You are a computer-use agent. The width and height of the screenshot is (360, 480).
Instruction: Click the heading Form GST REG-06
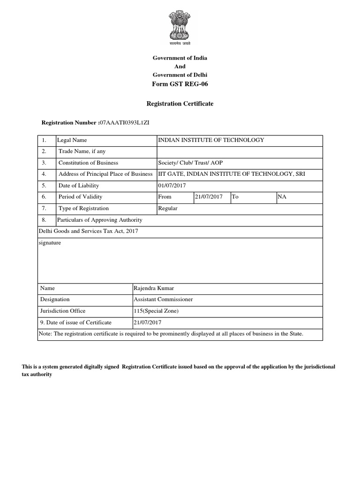180,84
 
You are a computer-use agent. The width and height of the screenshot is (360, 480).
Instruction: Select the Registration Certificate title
180,104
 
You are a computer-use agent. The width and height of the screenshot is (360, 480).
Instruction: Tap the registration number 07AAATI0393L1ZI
125,123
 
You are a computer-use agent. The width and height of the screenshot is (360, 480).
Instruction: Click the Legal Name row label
72,140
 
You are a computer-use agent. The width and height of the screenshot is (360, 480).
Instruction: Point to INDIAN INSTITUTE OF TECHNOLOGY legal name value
211,140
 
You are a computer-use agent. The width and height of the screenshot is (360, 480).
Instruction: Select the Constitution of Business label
88,163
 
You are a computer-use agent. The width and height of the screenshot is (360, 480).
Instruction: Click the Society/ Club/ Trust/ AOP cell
191,163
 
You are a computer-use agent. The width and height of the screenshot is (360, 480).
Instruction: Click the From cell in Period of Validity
165,197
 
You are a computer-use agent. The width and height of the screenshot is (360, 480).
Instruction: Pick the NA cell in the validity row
282,197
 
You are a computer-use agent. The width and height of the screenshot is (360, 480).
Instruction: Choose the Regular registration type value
168,208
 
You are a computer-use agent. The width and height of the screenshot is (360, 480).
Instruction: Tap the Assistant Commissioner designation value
163,299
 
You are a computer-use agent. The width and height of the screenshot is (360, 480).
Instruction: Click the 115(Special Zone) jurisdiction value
156,311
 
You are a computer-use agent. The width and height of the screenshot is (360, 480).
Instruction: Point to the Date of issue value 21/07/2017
148,322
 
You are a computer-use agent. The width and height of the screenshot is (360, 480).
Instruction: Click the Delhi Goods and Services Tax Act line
89,231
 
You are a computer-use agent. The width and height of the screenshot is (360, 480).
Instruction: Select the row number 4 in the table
44,174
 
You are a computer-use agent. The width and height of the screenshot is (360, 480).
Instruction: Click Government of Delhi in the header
180,75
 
